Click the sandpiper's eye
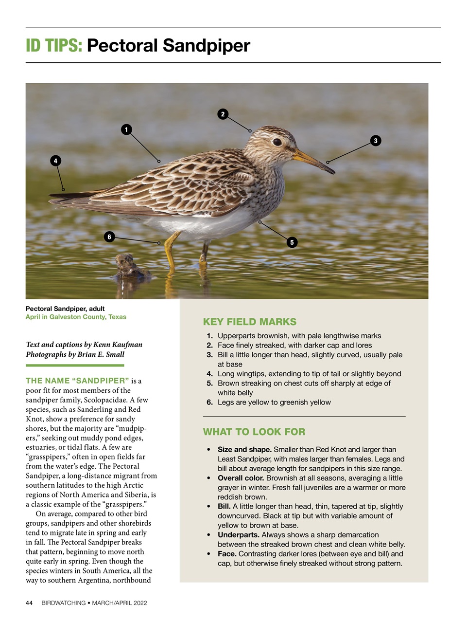point(277,142)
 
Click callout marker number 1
point(126,129)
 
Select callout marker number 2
point(223,114)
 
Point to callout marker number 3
point(375,141)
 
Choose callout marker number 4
point(55,161)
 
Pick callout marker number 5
point(292,242)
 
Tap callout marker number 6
point(109,237)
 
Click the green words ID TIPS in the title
point(54,46)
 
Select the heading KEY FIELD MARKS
point(249,322)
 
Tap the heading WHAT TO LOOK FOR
point(254,432)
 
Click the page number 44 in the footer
point(29,603)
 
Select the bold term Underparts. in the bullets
point(238,534)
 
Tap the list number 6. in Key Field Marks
point(209,402)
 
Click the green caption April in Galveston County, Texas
point(76,317)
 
